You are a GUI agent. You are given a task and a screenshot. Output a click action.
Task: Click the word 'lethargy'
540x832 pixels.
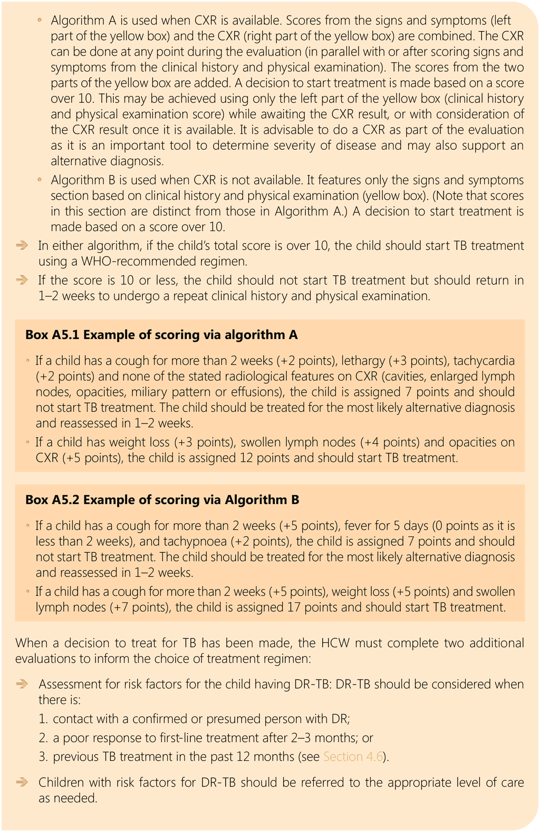click(363, 361)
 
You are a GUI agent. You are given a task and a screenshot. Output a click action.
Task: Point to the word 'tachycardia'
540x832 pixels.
click(484, 361)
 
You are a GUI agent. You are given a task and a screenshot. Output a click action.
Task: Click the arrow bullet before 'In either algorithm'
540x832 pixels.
click(22, 246)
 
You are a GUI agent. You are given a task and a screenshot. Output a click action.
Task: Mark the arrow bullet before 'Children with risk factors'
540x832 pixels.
click(22, 782)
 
